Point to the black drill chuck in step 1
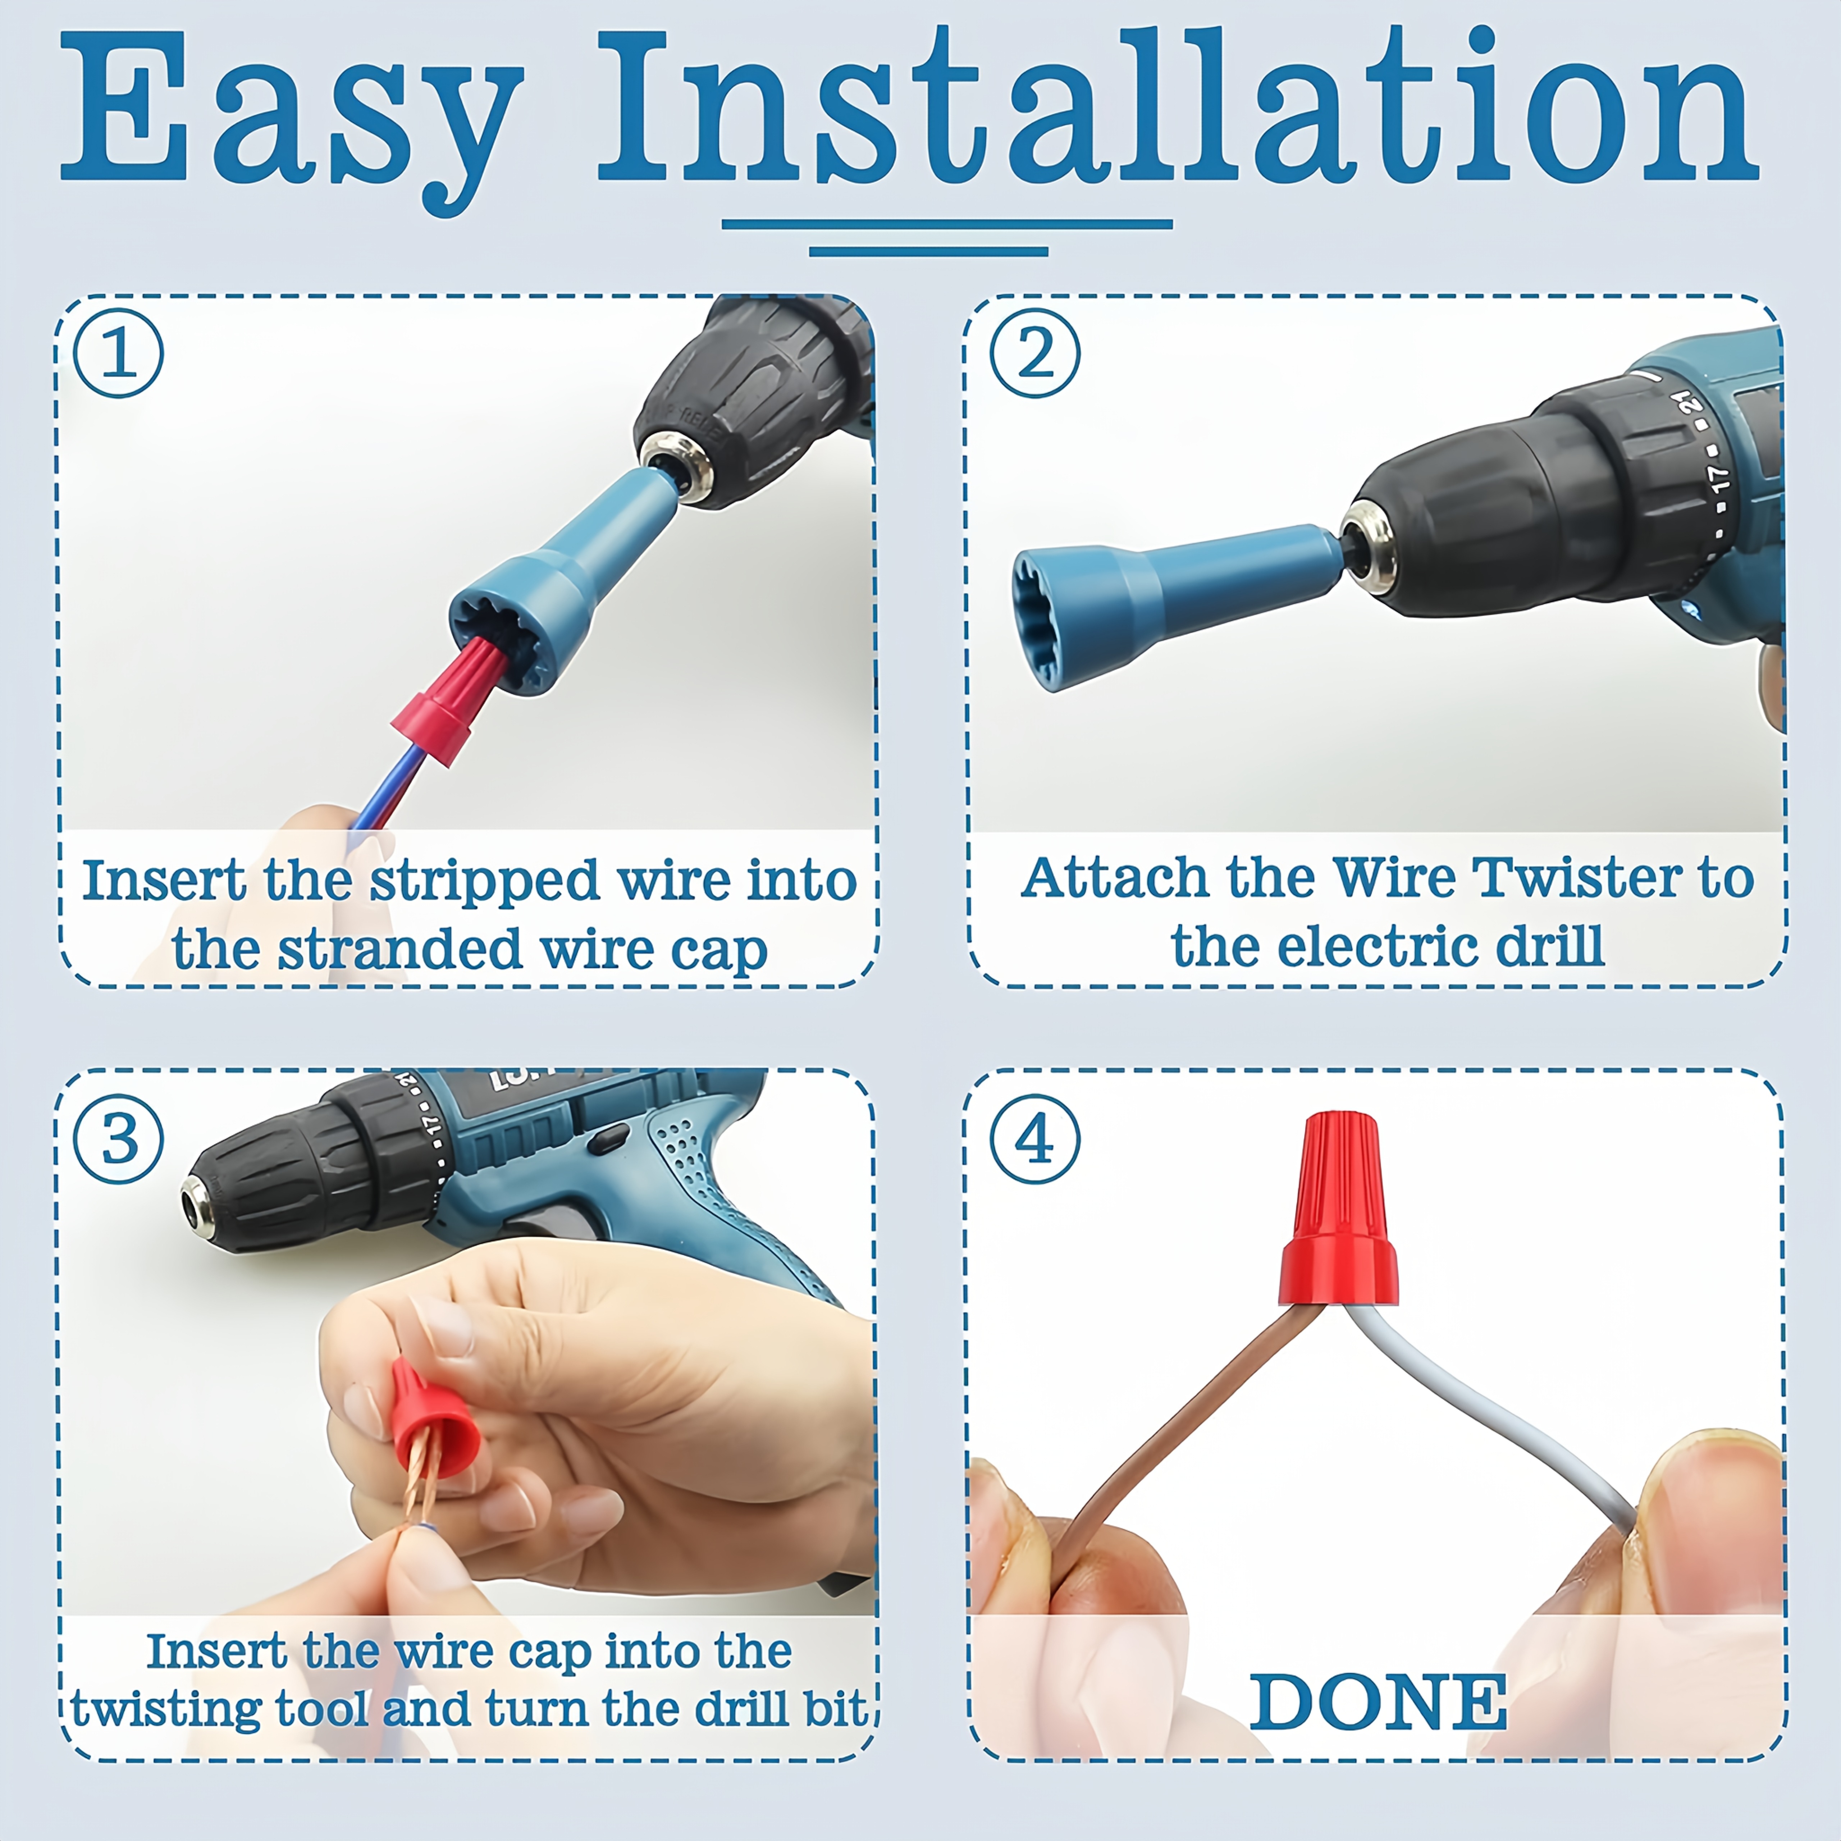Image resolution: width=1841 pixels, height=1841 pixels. pyautogui.click(x=753, y=400)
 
